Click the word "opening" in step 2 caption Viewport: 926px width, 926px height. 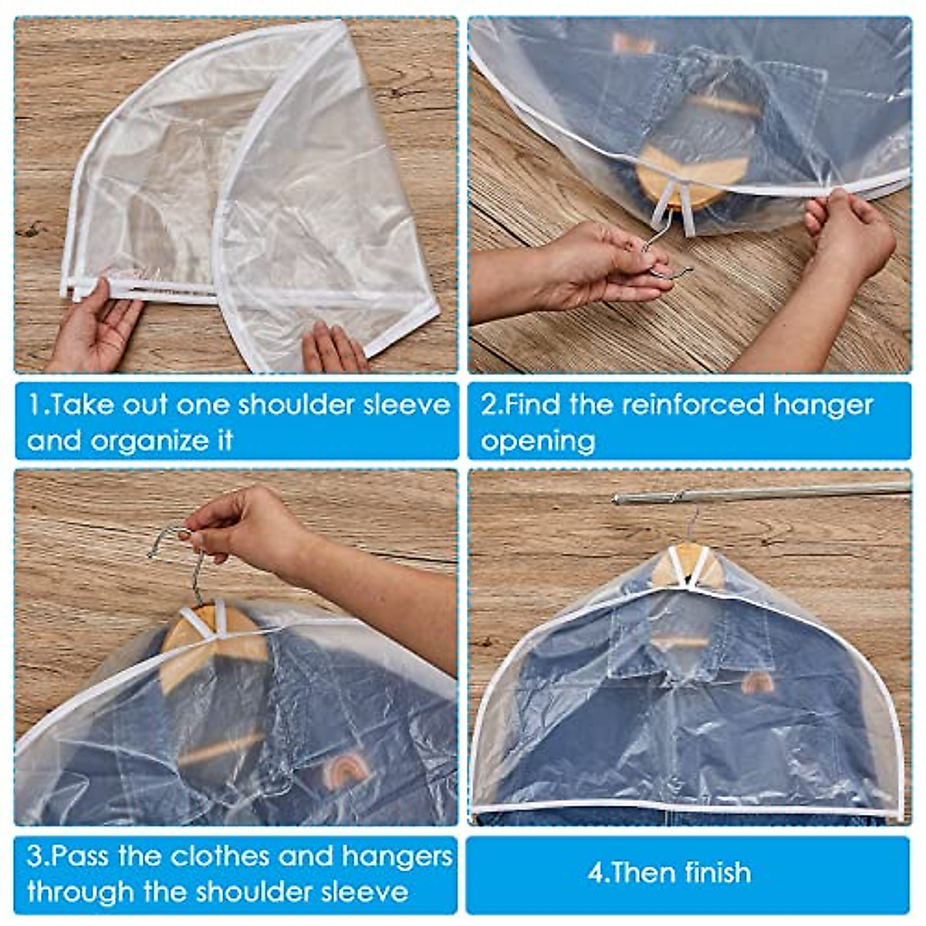point(538,441)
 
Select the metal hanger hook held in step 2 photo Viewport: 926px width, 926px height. point(664,255)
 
